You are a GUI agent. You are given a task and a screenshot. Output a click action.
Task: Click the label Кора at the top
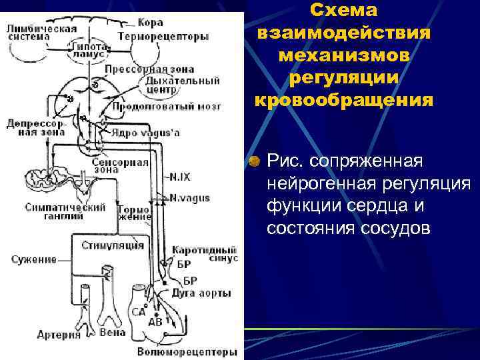151,23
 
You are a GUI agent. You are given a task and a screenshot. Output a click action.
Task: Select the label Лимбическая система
41,33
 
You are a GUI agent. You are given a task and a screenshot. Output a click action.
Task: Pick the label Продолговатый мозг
166,105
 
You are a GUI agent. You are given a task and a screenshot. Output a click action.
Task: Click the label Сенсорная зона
130,165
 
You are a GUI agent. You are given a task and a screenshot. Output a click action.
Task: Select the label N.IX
179,177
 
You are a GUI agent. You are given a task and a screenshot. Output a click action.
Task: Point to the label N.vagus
190,198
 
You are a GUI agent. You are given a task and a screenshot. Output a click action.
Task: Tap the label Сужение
33,259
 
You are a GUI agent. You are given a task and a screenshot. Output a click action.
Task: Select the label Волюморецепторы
187,351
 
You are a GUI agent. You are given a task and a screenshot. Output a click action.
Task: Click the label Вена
112,332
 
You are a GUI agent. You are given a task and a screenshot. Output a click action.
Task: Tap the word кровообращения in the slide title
343,100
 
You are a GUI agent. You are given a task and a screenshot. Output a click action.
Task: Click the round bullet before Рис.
254,162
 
